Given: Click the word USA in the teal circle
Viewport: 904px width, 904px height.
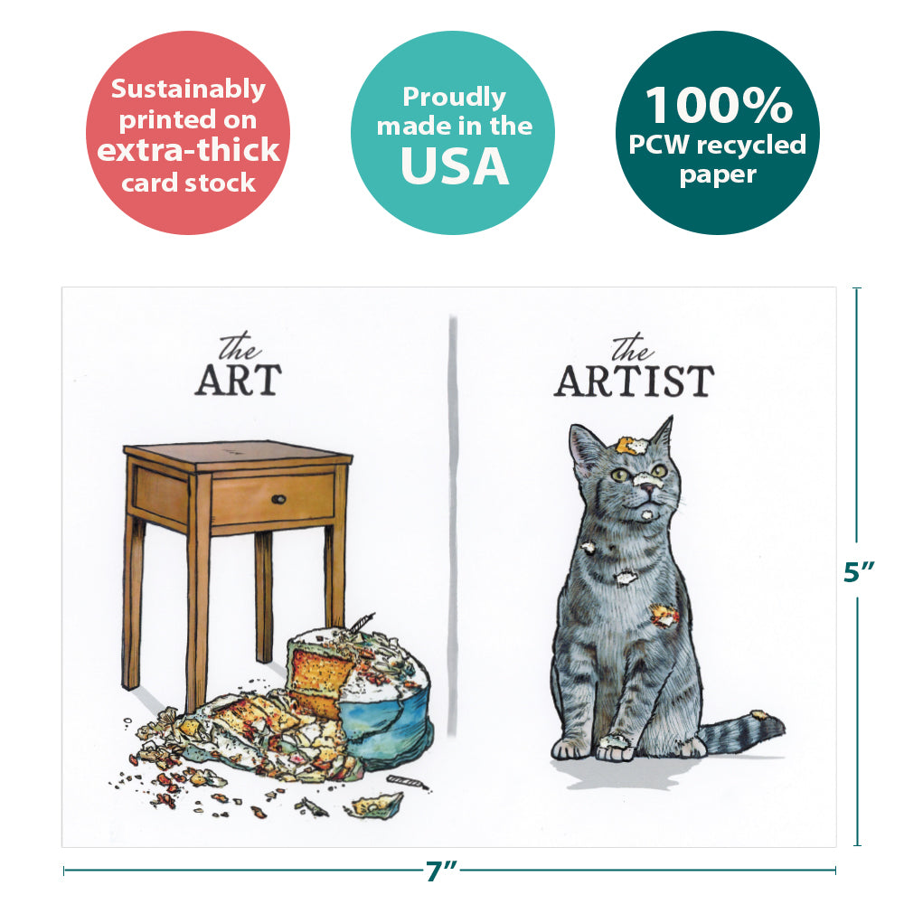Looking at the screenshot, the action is click(x=455, y=166).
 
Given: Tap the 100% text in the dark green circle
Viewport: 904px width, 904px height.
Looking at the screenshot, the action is click(x=719, y=105).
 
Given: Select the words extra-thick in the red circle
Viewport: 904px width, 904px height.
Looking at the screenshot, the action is click(x=188, y=150).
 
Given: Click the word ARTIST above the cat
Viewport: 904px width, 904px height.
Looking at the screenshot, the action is click(x=634, y=381).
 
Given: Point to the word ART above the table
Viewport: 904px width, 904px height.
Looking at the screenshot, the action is click(x=238, y=380).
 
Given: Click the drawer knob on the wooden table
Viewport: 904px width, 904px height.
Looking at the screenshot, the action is click(x=278, y=499).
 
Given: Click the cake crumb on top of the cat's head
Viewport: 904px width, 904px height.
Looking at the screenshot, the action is click(x=631, y=446).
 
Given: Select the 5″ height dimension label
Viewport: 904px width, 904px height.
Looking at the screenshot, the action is click(x=859, y=570).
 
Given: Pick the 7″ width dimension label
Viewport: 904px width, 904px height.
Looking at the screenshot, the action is click(x=441, y=871).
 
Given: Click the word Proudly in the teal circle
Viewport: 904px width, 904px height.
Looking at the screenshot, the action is click(x=454, y=97).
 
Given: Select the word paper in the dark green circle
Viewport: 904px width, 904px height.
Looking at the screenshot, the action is click(x=718, y=174).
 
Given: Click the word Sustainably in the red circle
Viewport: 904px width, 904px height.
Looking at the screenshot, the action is click(x=188, y=89).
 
